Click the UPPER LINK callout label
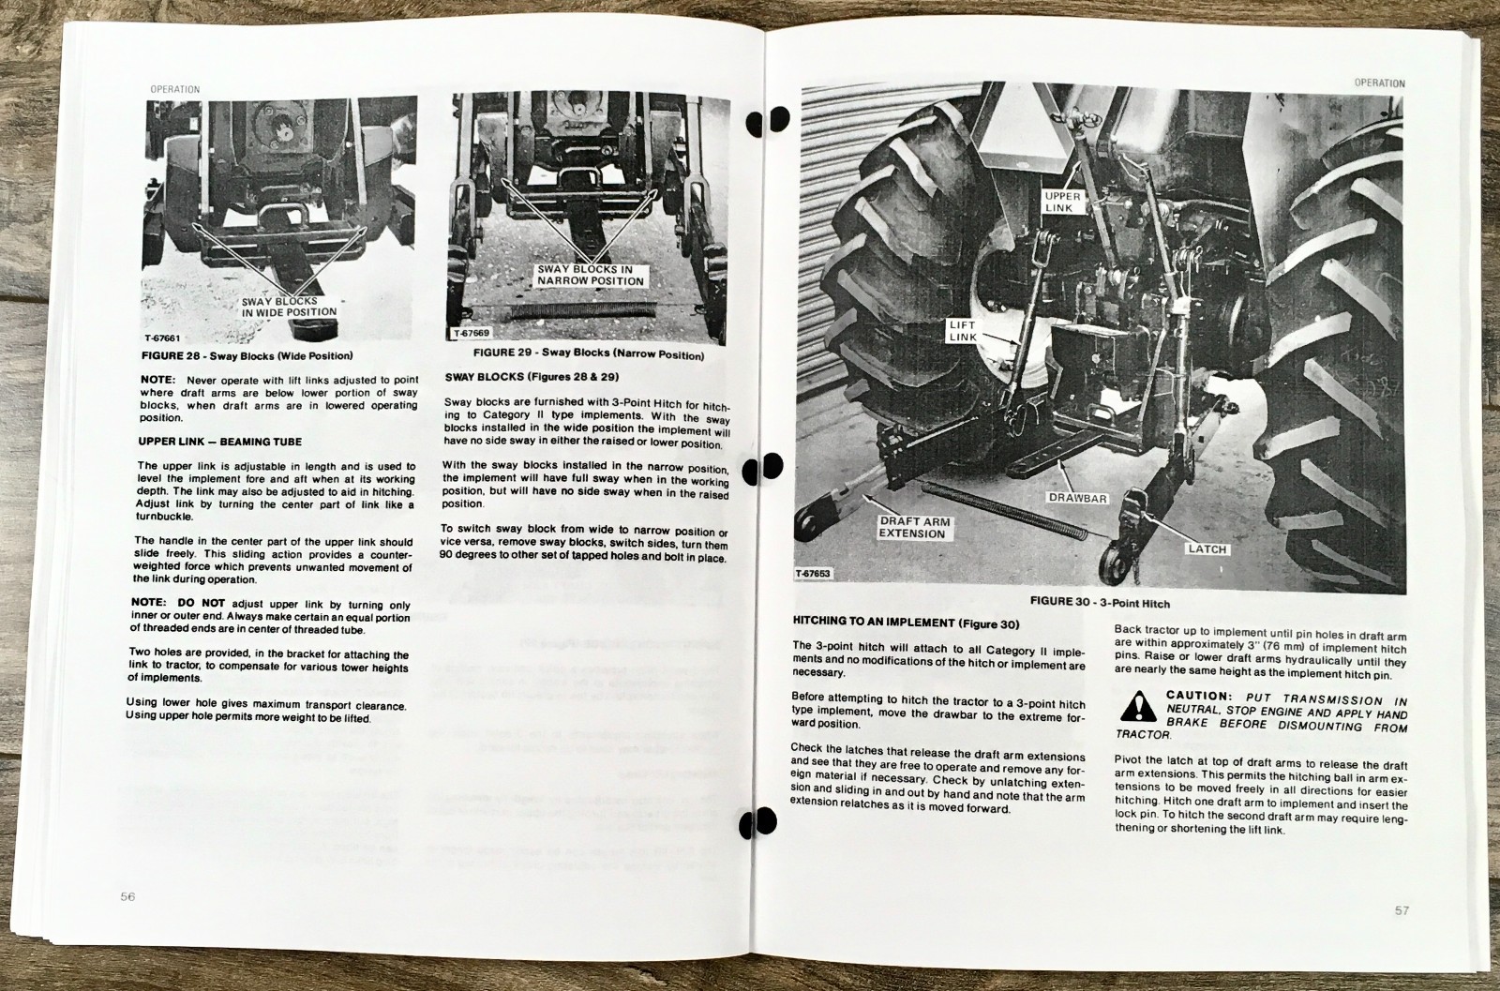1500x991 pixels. pyautogui.click(x=1063, y=202)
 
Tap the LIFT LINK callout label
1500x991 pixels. pyautogui.click(x=963, y=331)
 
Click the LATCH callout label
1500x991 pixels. pyautogui.click(x=1207, y=549)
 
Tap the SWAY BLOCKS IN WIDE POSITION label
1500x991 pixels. pyautogui.click(x=290, y=307)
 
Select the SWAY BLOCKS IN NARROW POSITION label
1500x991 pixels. pyautogui.click(x=591, y=276)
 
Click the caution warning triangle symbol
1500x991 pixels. pyautogui.click(x=1137, y=706)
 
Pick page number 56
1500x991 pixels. pyautogui.click(x=127, y=896)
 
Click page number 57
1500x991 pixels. pyautogui.click(x=1402, y=910)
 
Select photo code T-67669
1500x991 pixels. pyautogui.click(x=472, y=333)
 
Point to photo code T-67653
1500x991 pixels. pyautogui.click(x=812, y=574)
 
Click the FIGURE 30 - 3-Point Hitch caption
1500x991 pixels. pyautogui.click(x=1101, y=602)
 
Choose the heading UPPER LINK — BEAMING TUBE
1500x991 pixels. pyautogui.click(x=220, y=442)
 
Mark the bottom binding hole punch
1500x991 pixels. pyautogui.click(x=757, y=822)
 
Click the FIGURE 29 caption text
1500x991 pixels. pyautogui.click(x=589, y=353)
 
